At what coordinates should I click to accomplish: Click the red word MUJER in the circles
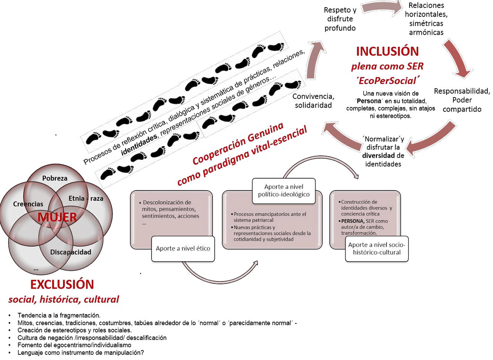pyautogui.click(x=57, y=217)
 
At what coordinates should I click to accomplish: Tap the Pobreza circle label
pyautogui.click(x=55, y=178)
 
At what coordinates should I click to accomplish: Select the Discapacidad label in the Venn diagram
pyautogui.click(x=71, y=252)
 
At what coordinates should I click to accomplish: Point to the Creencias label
pyautogui.click(x=28, y=204)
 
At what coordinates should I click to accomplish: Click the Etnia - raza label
pyautogui.click(x=86, y=198)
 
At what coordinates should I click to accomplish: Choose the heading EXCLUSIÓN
pyautogui.click(x=62, y=284)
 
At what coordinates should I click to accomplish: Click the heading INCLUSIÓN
pyautogui.click(x=387, y=51)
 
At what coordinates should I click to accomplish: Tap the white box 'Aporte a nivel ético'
pyautogui.click(x=183, y=248)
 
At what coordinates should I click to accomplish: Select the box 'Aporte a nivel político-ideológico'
pyautogui.click(x=284, y=191)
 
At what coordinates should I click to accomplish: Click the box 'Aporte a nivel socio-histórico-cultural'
pyautogui.click(x=377, y=248)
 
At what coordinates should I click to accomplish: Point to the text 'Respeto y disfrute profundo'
pyautogui.click(x=340, y=19)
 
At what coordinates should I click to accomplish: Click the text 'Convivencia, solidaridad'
pyautogui.click(x=313, y=101)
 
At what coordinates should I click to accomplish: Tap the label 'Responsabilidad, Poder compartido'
pyautogui.click(x=462, y=100)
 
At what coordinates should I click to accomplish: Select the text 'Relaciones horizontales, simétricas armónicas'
pyautogui.click(x=426, y=19)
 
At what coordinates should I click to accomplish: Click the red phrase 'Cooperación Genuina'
pyautogui.click(x=238, y=143)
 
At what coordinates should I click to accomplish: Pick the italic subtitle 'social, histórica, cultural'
pyautogui.click(x=63, y=300)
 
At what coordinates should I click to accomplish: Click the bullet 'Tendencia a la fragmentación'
pyautogui.click(x=59, y=315)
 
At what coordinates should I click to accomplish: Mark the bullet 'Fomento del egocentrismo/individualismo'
pyautogui.click(x=74, y=345)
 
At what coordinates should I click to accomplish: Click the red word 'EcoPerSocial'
pyautogui.click(x=387, y=80)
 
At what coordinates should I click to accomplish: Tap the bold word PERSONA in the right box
pyautogui.click(x=352, y=221)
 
